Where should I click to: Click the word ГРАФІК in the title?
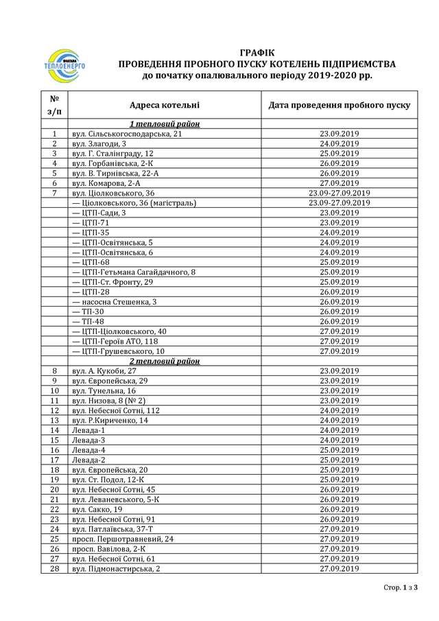pos(257,52)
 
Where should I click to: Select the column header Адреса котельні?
pos(165,105)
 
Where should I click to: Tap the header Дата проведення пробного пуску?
pos(340,105)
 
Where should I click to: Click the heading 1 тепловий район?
pos(165,124)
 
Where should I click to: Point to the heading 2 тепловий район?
pos(165,361)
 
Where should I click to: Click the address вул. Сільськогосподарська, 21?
pos(127,134)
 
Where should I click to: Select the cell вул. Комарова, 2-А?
pos(106,183)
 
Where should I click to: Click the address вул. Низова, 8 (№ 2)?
pos(109,401)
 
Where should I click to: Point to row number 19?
pos(54,480)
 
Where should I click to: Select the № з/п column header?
pos(54,105)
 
